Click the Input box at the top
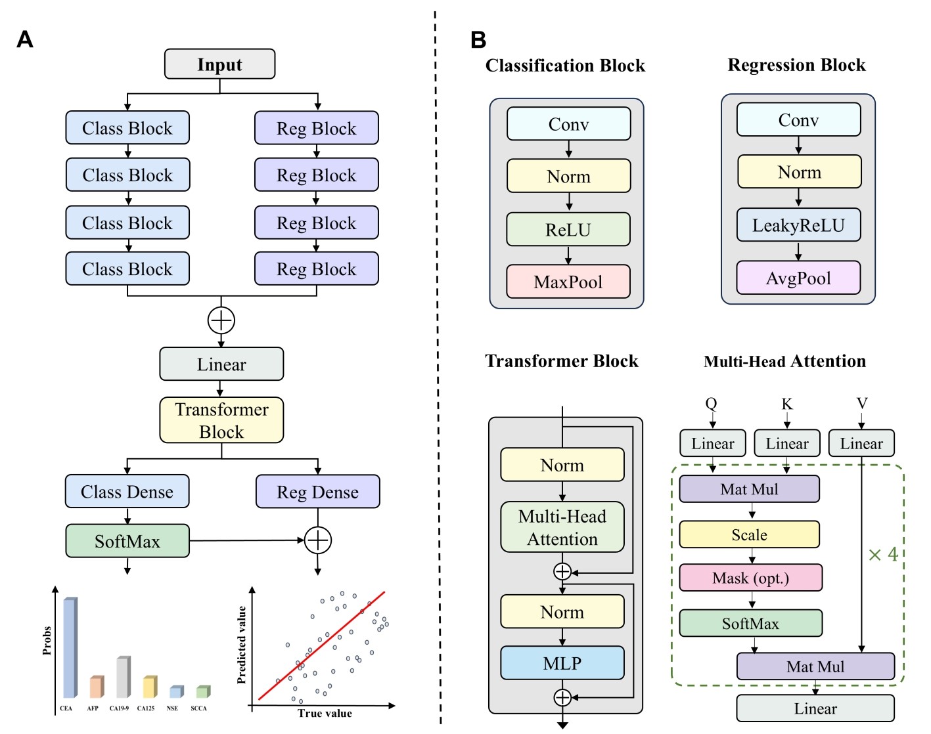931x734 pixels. point(219,64)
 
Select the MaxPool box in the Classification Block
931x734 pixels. point(568,282)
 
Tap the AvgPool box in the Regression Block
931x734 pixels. point(798,278)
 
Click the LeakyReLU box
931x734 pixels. point(798,225)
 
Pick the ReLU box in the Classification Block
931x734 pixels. point(568,229)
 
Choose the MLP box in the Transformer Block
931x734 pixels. point(562,663)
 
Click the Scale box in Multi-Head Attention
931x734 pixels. point(749,534)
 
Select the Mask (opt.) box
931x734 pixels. point(750,578)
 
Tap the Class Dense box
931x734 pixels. point(127,492)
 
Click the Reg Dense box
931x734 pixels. point(318,492)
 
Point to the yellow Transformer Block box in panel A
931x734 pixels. point(221,420)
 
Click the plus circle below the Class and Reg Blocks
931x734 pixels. point(221,320)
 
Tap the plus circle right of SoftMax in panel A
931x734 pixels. point(318,540)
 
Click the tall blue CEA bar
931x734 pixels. point(70,647)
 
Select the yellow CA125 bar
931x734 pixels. point(150,687)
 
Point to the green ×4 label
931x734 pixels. point(883,555)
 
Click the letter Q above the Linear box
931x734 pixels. point(711,403)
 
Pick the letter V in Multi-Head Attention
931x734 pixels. point(862,403)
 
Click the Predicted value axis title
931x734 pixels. point(242,645)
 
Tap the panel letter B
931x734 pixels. point(478,40)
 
